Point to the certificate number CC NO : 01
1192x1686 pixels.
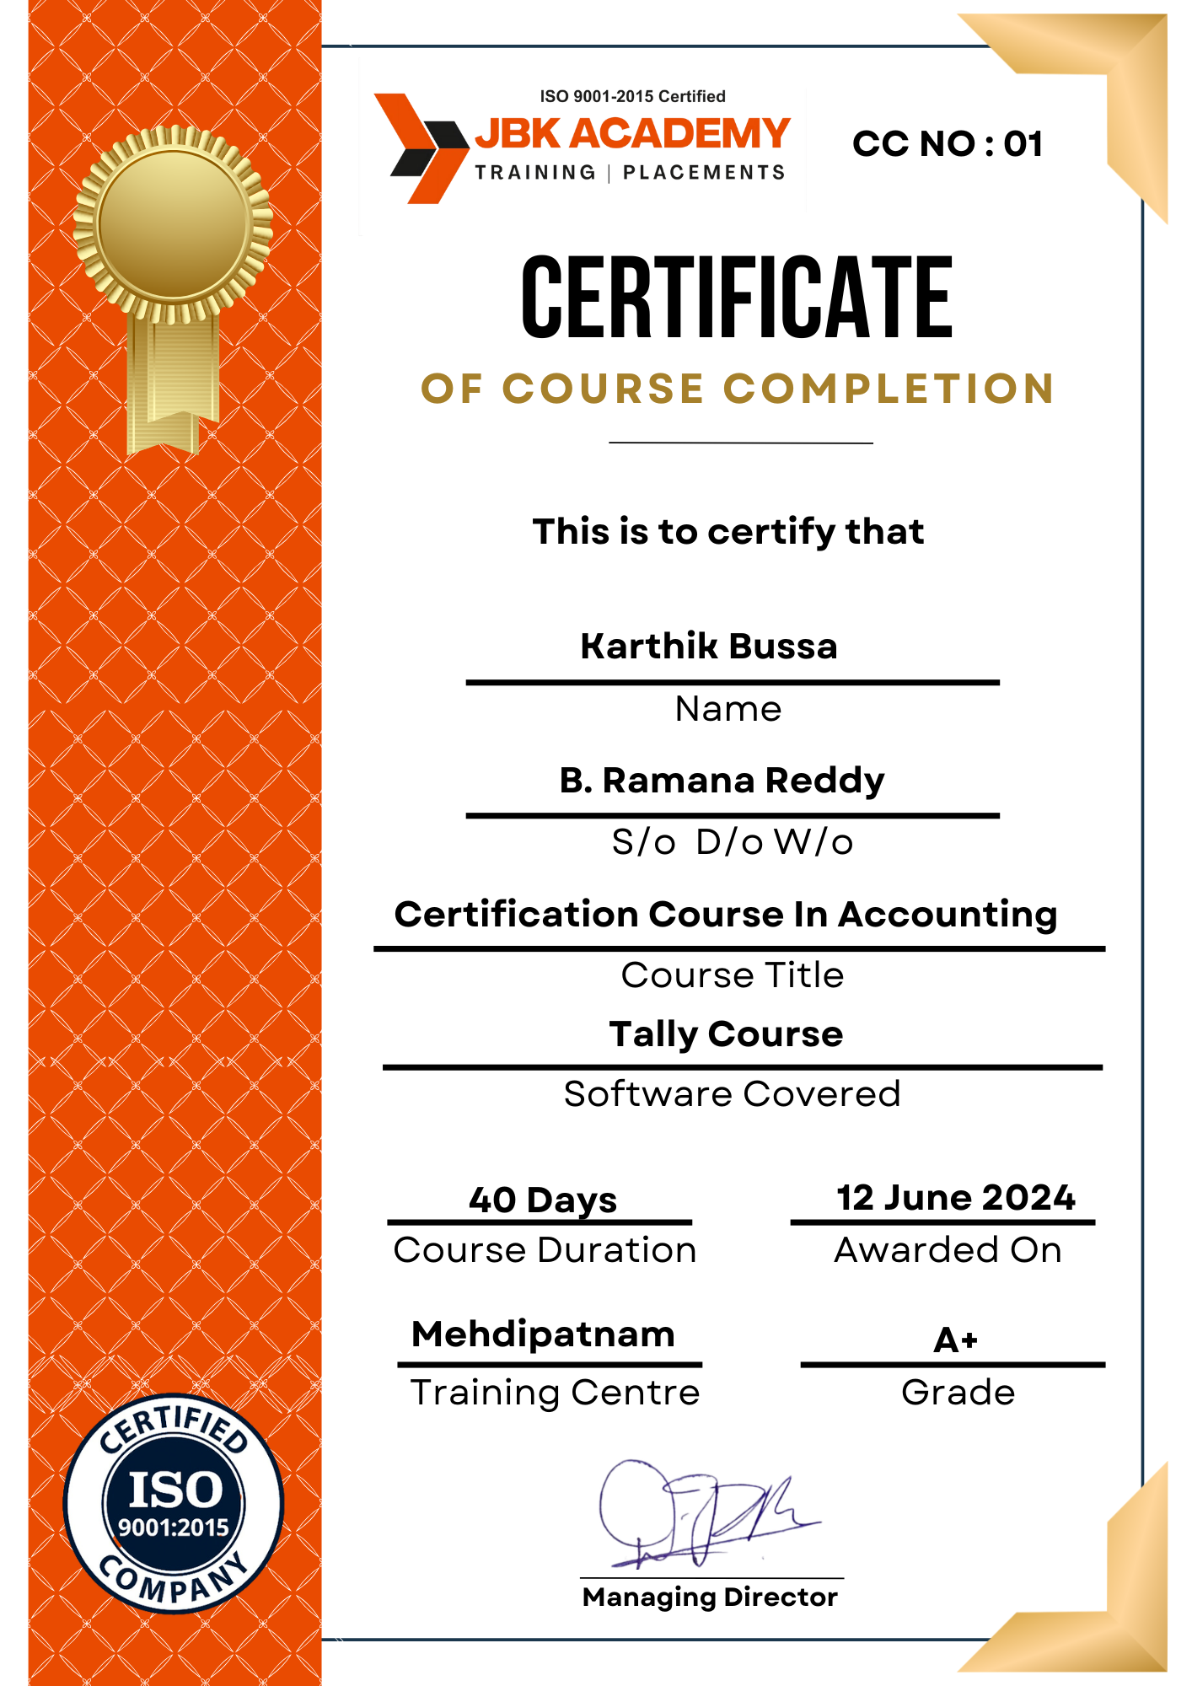(x=948, y=144)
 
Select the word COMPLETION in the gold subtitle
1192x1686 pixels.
(x=889, y=389)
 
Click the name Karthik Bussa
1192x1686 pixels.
(x=709, y=647)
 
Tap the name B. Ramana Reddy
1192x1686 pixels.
(x=722, y=781)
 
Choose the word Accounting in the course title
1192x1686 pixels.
(x=948, y=915)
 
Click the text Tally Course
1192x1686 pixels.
(x=726, y=1034)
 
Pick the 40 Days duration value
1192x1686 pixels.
(x=543, y=1200)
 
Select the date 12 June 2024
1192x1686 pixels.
(x=956, y=1198)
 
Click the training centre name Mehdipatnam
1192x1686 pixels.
(x=544, y=1334)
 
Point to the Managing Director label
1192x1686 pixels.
(x=710, y=1597)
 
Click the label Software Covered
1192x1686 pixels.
(x=732, y=1094)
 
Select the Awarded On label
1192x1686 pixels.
(x=948, y=1250)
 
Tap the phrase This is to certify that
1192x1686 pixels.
(x=728, y=532)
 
